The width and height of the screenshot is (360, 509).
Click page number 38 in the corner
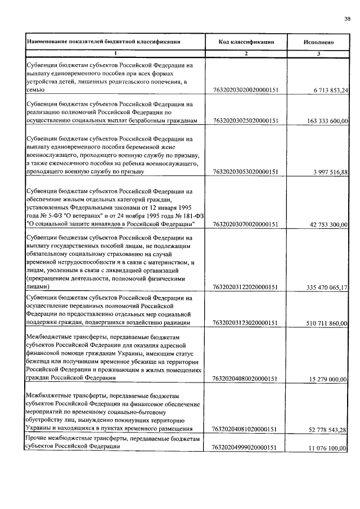[347, 19]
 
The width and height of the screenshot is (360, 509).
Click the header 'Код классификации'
[246, 42]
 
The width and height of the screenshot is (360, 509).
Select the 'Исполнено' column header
[319, 42]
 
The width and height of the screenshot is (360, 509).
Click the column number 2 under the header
[246, 53]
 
